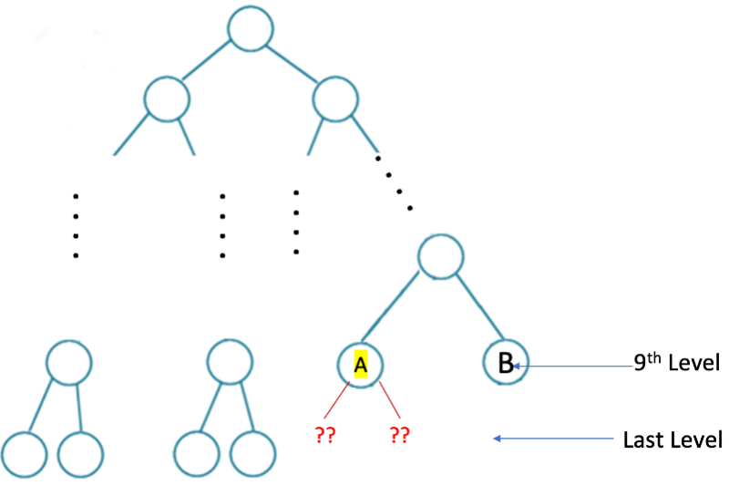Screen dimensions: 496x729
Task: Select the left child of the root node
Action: pos(168,98)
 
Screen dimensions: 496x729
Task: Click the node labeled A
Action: pos(360,365)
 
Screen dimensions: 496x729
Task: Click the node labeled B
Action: pos(506,364)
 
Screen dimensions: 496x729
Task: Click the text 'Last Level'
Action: pos(673,440)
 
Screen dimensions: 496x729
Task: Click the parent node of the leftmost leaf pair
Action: pos(69,362)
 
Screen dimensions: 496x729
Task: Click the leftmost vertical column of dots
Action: pos(76,226)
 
